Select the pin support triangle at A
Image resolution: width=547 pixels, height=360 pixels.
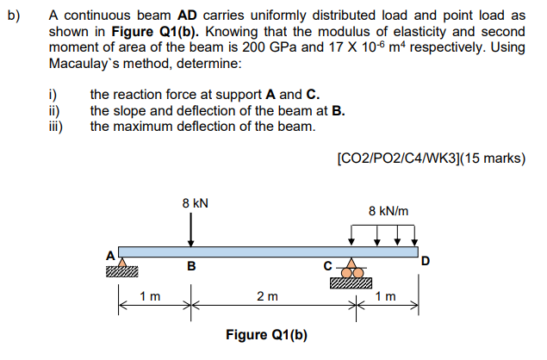pos(122,263)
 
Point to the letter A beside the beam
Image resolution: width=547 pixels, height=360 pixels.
pos(109,256)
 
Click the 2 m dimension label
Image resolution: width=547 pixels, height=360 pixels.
pos(267,297)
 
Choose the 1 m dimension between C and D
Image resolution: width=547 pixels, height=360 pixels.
pos(385,297)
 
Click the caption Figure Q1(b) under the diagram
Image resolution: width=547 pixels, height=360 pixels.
pos(267,335)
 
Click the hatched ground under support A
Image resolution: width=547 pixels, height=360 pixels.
pos(122,274)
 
